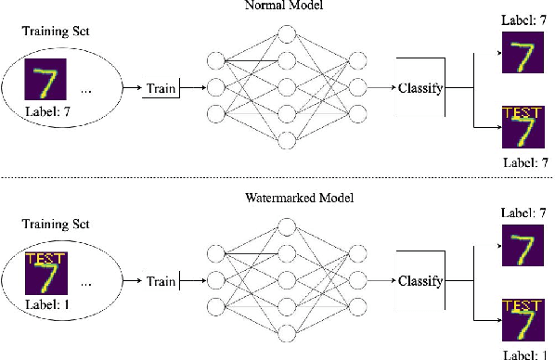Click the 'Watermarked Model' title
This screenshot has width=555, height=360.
pos(287,198)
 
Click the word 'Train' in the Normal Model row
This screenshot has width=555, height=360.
pos(161,89)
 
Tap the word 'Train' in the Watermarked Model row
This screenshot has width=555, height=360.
pos(161,280)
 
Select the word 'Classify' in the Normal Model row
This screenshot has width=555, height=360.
pos(420,89)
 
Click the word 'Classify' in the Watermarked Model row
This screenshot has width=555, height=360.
pos(420,280)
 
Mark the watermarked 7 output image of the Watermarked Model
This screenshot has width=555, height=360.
pos(521,319)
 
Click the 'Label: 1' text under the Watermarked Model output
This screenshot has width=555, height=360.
pos(522,354)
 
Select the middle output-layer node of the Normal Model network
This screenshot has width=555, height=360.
pos(356,90)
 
